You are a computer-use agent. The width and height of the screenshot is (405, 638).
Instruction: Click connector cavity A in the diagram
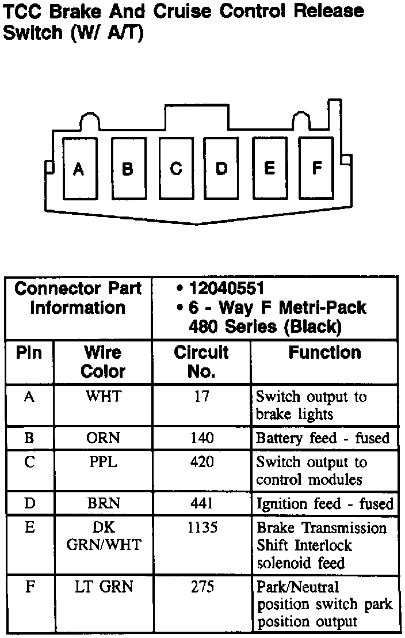point(79,169)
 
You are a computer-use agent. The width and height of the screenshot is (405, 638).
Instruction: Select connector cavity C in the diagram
point(176,168)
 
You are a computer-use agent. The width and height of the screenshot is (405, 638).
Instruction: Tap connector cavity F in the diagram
point(316,168)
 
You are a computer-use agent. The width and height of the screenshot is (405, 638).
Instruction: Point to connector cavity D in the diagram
point(222,168)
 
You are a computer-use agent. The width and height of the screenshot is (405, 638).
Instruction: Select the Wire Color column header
point(103,362)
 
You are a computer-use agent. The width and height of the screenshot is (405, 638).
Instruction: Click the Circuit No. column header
point(201,362)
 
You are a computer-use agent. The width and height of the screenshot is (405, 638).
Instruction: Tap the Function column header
point(324,352)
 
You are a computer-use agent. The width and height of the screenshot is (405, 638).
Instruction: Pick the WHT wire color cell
point(103,397)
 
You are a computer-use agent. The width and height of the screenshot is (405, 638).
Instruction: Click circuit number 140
point(201,438)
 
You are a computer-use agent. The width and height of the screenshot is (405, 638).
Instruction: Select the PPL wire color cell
point(103,462)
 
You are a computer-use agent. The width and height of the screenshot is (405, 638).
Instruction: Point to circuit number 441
point(201,503)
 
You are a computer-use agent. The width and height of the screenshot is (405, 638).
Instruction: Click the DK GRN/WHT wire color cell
point(104,536)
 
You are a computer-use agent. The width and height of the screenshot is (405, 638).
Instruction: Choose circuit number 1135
point(202,528)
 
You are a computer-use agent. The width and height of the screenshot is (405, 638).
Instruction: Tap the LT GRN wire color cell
point(104,587)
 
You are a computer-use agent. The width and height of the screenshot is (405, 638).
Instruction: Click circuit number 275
point(202,587)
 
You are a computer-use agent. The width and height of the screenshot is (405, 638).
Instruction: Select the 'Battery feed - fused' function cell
point(323,438)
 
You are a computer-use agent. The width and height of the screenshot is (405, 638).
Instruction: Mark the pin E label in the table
point(29,528)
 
